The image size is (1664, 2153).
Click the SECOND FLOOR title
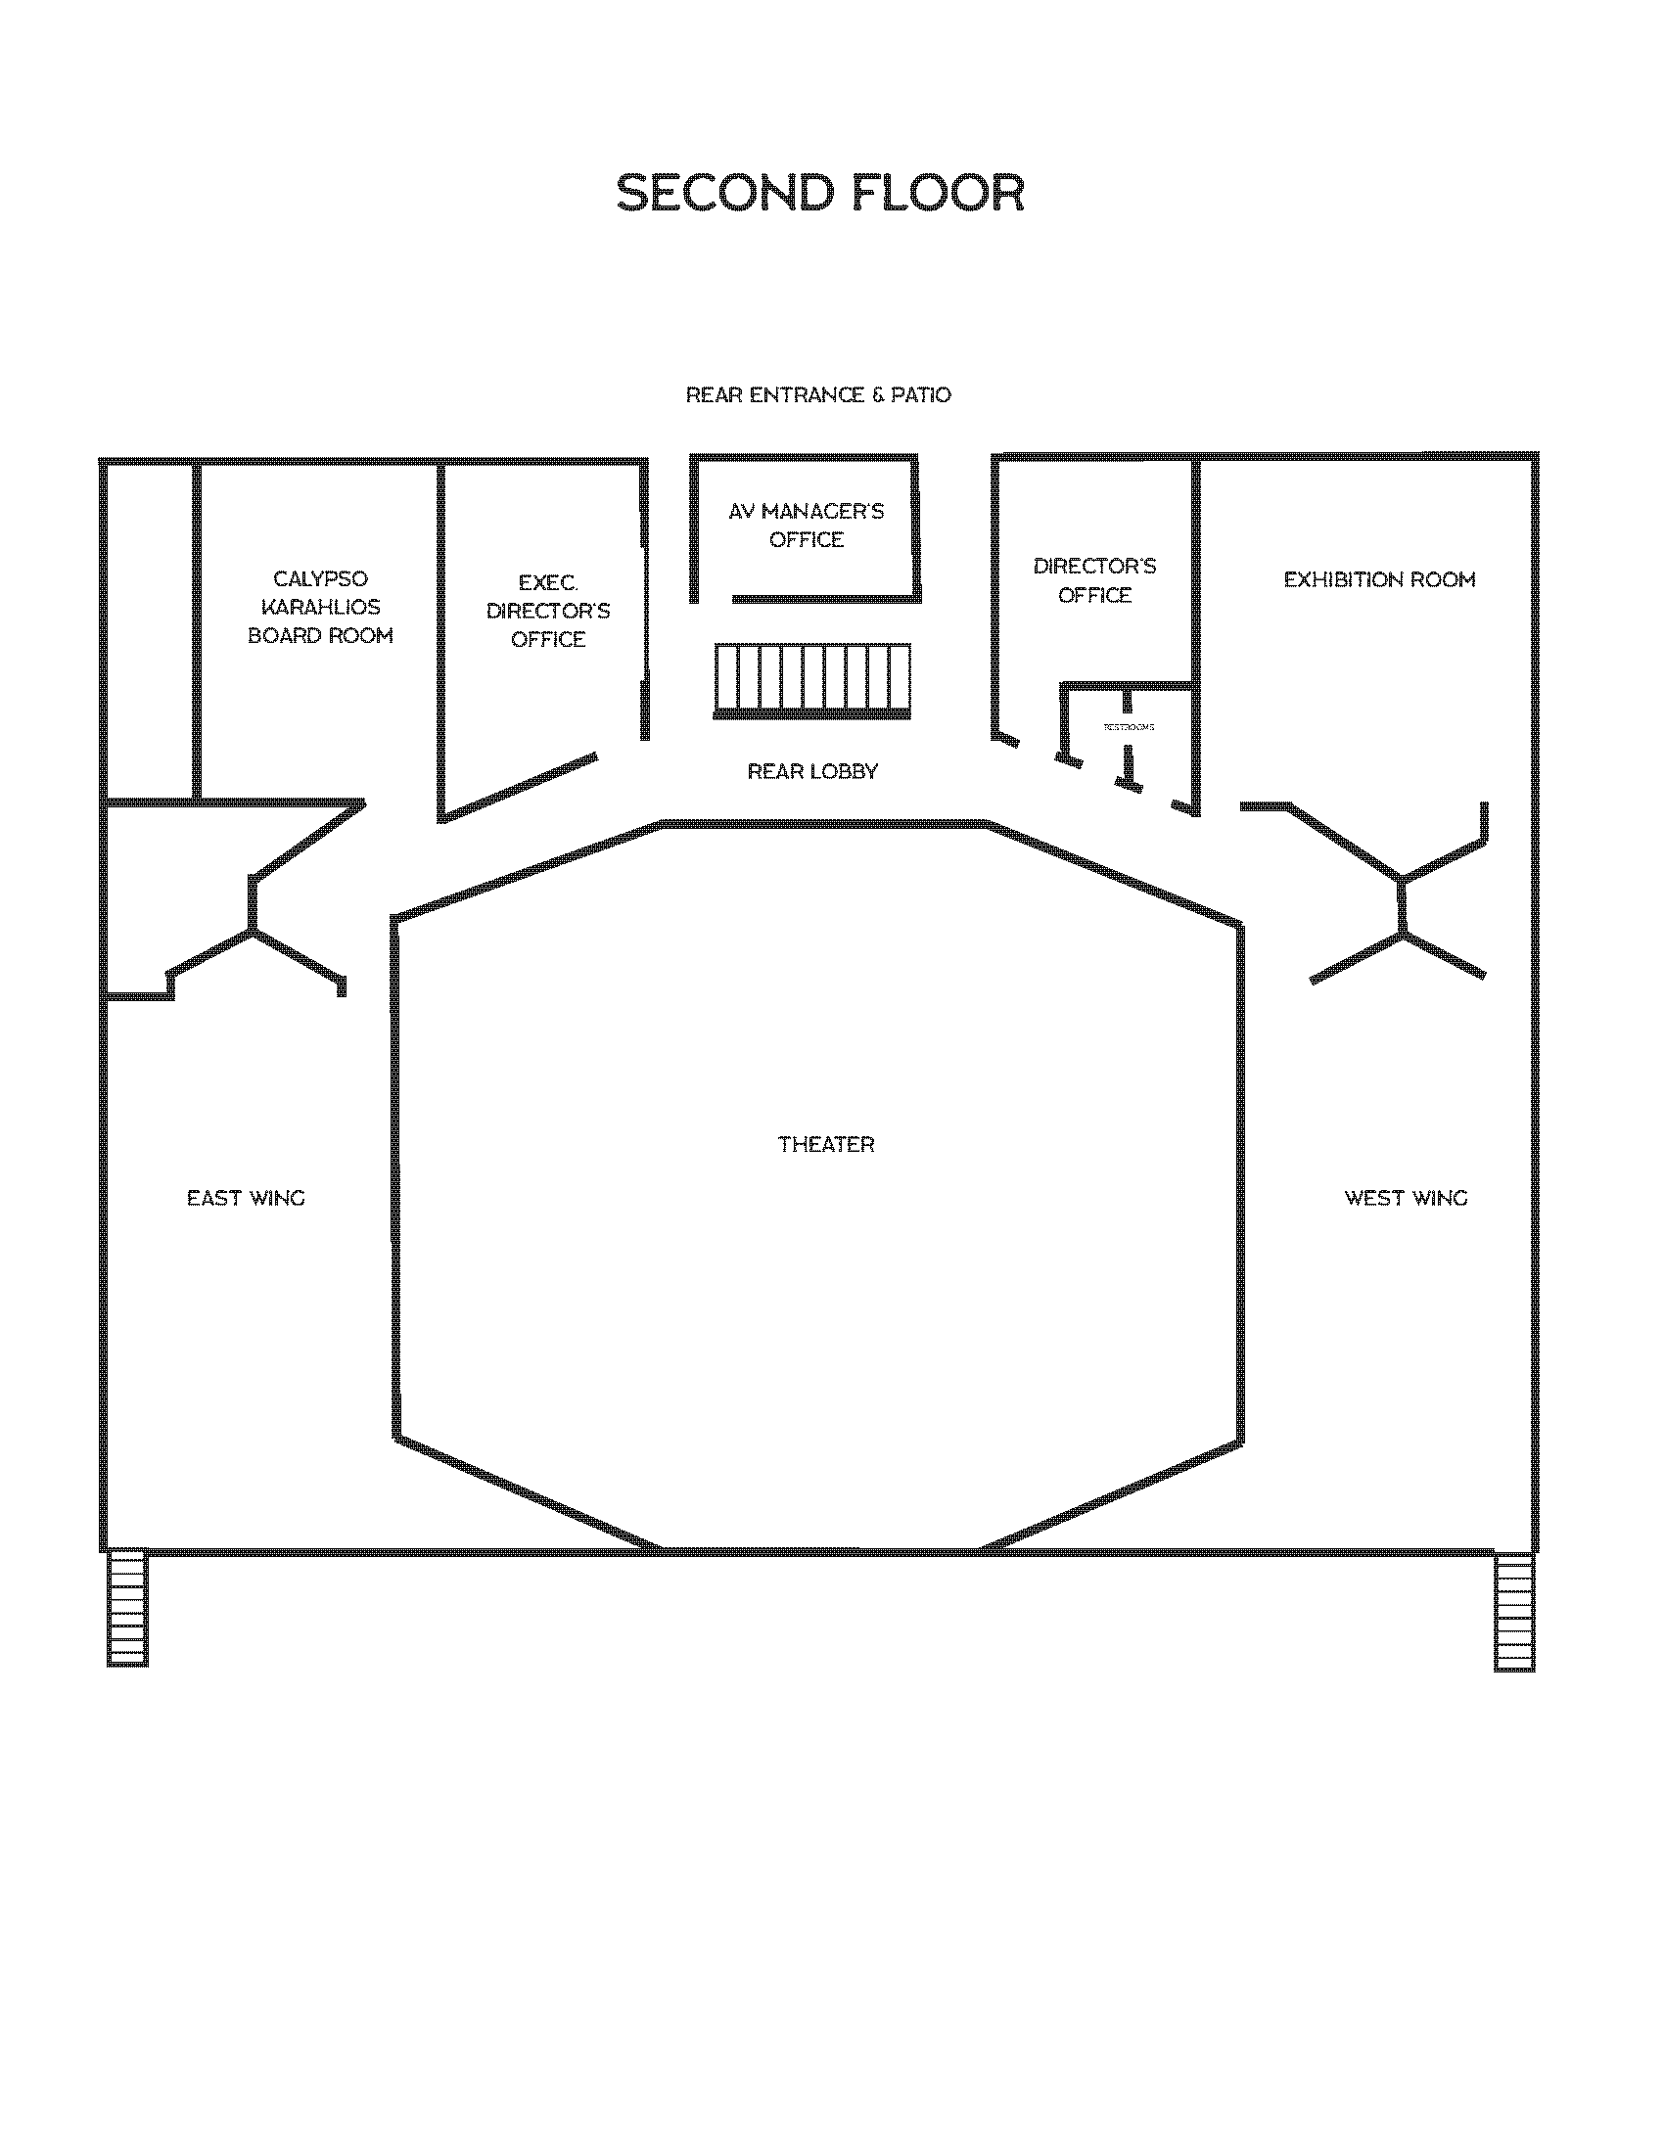pos(820,193)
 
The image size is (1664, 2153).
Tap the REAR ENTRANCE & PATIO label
pos(817,395)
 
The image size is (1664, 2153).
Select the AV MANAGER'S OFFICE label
pos(807,526)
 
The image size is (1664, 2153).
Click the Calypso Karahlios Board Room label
pos(320,608)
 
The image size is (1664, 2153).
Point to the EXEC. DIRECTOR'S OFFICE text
pos(548,612)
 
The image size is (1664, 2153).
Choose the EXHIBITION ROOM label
pos(1379,579)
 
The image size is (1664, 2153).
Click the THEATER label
pos(826,1145)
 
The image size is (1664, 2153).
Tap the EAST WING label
pos(247,1198)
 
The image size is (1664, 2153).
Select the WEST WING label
pos(1406,1198)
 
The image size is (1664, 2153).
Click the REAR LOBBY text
pos(812,772)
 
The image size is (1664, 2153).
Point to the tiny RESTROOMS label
pos(1129,727)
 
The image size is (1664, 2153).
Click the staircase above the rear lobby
pos(812,680)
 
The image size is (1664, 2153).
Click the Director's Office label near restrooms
pos(1094,580)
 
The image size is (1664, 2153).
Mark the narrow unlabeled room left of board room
pos(149,631)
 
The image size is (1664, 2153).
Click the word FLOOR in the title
pos(938,193)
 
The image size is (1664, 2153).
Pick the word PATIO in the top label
pos(921,395)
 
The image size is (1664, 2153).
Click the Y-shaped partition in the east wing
pos(254,927)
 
